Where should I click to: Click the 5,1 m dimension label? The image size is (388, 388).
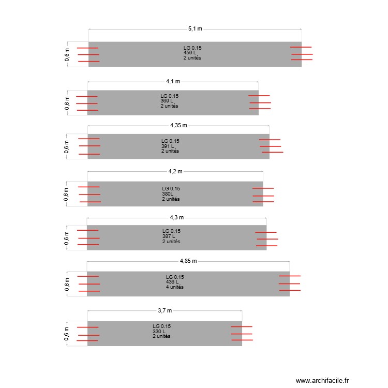195,29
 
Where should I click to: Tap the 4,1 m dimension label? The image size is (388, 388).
173,81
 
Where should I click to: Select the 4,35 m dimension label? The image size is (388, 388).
178,125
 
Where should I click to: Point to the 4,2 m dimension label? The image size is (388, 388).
175,171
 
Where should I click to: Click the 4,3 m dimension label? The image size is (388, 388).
176,217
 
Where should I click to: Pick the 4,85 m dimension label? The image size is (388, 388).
188,262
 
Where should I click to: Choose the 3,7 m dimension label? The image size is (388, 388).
165,311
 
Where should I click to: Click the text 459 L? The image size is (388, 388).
190,53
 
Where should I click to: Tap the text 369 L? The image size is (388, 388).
167,101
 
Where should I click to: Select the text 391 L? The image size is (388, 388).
168,146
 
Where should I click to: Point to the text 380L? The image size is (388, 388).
168,194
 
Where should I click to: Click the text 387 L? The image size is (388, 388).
169,236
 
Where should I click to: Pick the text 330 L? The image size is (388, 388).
159,331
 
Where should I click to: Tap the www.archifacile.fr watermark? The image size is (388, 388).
323,381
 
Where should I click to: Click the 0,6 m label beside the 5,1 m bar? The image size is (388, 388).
67,54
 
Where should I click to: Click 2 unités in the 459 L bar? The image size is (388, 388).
192,58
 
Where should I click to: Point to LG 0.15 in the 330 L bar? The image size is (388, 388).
161,326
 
